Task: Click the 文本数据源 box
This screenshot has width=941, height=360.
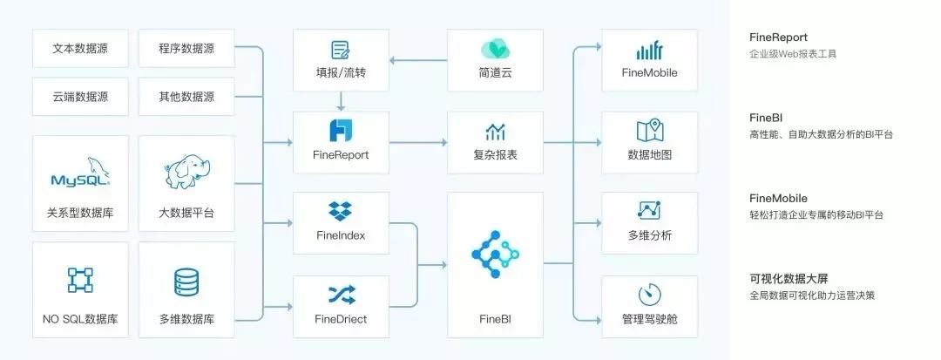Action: tap(80, 49)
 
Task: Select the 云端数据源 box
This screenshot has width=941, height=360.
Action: tap(80, 97)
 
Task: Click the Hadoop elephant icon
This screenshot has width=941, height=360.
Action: tap(186, 173)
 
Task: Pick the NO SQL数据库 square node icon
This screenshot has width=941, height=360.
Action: tap(80, 280)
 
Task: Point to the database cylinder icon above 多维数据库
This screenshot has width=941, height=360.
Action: tap(186, 282)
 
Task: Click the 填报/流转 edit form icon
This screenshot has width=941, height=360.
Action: tap(341, 50)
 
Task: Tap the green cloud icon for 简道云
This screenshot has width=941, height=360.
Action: tap(496, 50)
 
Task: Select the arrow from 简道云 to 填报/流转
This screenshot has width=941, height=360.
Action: tap(418, 60)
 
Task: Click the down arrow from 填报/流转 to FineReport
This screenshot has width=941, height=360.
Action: tap(341, 101)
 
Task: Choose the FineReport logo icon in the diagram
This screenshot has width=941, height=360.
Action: tap(341, 130)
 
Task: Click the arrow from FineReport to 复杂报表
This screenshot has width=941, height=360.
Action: tap(418, 142)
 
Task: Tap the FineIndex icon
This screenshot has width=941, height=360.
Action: tap(341, 211)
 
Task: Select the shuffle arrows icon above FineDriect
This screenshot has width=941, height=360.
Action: tap(342, 294)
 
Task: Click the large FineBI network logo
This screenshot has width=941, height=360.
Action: tap(495, 254)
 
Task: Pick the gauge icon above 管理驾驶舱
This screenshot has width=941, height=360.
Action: tap(650, 295)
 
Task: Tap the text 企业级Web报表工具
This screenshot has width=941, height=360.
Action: tap(793, 53)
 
